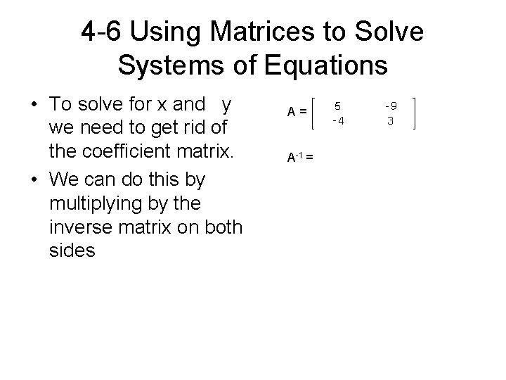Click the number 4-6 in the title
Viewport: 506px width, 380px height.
tap(102, 32)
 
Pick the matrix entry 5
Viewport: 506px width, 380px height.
tap(337, 106)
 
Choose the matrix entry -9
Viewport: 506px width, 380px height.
tap(391, 106)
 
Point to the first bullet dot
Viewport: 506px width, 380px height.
tap(34, 104)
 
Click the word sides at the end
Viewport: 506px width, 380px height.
tap(72, 251)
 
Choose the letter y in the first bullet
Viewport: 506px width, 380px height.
tap(226, 104)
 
